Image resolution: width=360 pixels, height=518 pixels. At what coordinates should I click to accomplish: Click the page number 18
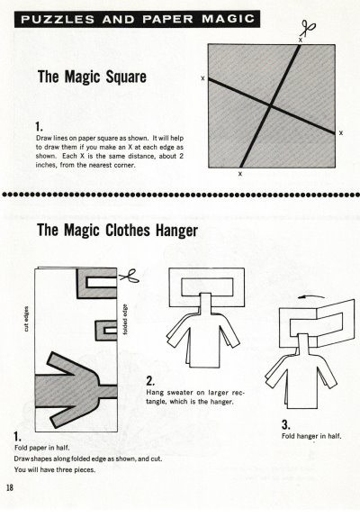point(10,487)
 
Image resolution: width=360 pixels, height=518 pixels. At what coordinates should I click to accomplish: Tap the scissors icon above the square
point(308,29)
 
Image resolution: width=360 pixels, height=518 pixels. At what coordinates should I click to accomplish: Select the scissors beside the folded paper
point(130,277)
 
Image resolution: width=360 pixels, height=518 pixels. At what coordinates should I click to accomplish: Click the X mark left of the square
point(202,78)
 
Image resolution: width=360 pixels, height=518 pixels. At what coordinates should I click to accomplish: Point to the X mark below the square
point(240,174)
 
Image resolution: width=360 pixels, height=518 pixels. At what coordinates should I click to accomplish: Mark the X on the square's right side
point(341,132)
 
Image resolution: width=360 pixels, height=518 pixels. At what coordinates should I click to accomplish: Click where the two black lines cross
point(271,105)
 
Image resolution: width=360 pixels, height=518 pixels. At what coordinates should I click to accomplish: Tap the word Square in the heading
point(126,77)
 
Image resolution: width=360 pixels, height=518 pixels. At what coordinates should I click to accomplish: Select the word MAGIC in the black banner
point(229,19)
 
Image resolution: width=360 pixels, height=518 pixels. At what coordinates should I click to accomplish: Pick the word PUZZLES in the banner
point(58,19)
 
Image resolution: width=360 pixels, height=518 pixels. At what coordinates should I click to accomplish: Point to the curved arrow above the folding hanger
point(311,296)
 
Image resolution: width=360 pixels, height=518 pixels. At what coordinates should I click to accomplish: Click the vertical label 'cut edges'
point(27,319)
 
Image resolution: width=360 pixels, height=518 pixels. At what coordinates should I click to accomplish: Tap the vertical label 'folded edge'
point(125,319)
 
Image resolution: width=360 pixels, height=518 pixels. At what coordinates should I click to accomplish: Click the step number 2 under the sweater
point(150,381)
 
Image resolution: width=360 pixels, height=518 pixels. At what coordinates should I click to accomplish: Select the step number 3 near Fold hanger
point(286,424)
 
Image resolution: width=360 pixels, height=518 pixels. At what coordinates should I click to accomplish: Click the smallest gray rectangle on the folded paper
point(106,331)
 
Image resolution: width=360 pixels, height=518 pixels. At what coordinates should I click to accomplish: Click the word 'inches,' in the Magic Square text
point(46,165)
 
